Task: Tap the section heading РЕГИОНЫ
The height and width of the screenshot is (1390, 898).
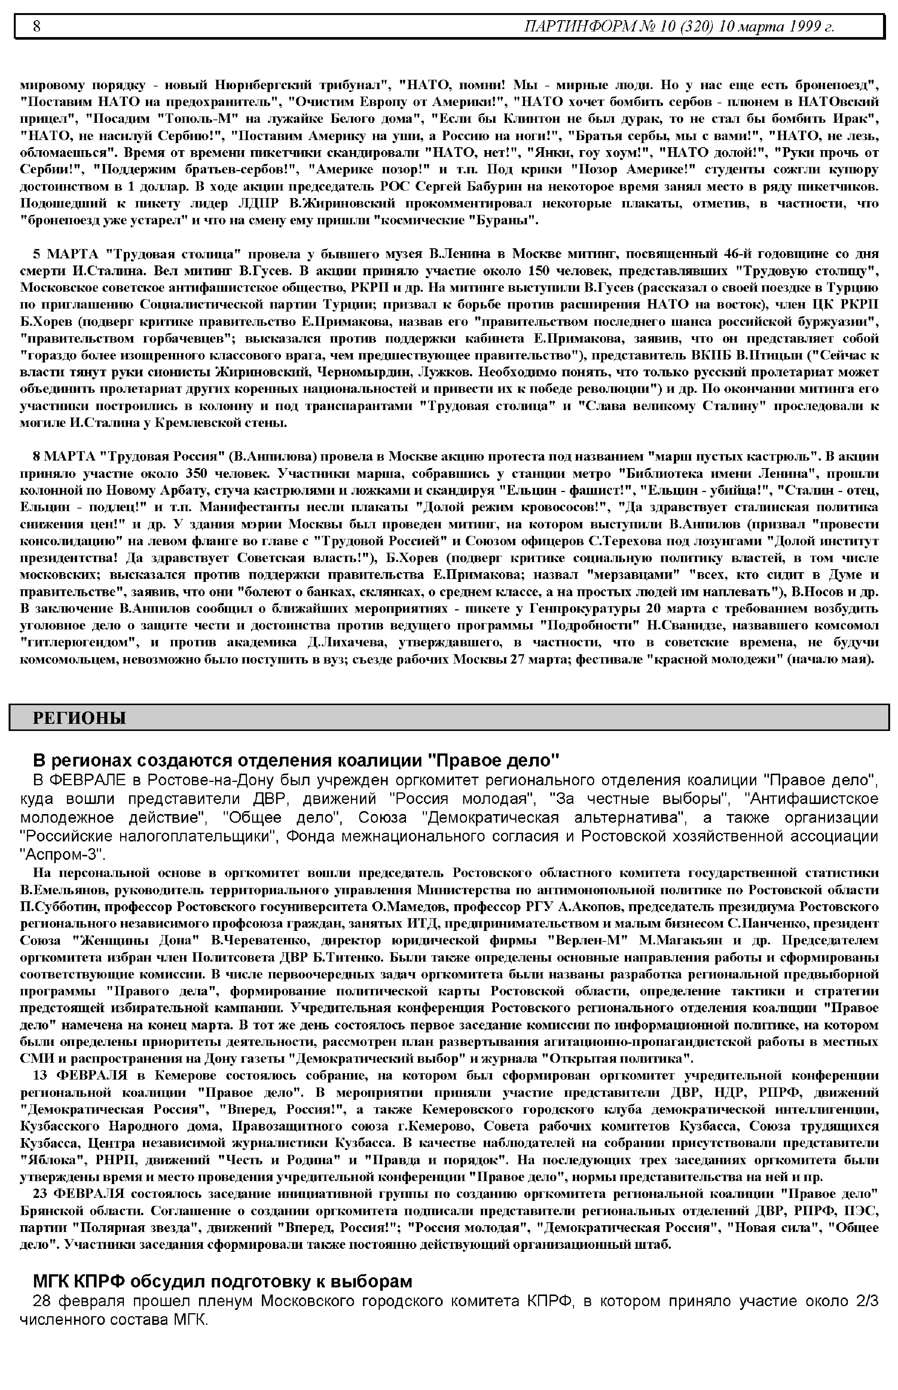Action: pyautogui.click(x=79, y=718)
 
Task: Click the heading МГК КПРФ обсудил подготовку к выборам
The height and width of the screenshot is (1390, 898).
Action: pyautogui.click(x=222, y=1281)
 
